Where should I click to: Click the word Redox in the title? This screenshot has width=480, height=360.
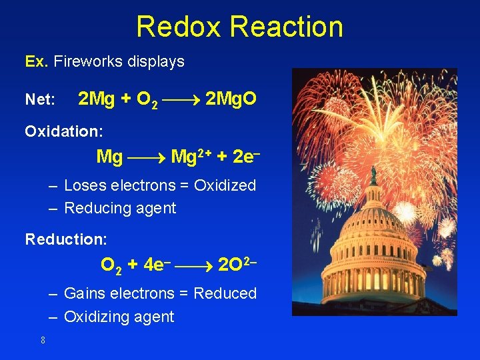click(179, 27)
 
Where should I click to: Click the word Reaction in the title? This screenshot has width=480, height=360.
click(286, 27)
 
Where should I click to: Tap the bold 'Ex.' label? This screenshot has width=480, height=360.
click(36, 62)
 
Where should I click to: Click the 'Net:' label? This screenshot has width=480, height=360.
click(40, 101)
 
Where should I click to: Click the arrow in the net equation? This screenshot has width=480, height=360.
click(181, 101)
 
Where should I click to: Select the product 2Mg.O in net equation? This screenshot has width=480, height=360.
click(231, 99)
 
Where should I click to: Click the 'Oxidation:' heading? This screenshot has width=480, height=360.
click(63, 131)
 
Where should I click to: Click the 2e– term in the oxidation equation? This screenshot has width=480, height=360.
click(245, 157)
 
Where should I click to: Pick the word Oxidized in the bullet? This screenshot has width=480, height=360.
click(225, 185)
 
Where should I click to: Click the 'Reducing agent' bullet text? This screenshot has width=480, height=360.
click(120, 208)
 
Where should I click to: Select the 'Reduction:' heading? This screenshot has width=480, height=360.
click(66, 239)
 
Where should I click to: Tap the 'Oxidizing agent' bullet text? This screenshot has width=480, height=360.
click(119, 317)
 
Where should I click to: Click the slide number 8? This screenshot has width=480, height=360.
click(43, 341)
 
